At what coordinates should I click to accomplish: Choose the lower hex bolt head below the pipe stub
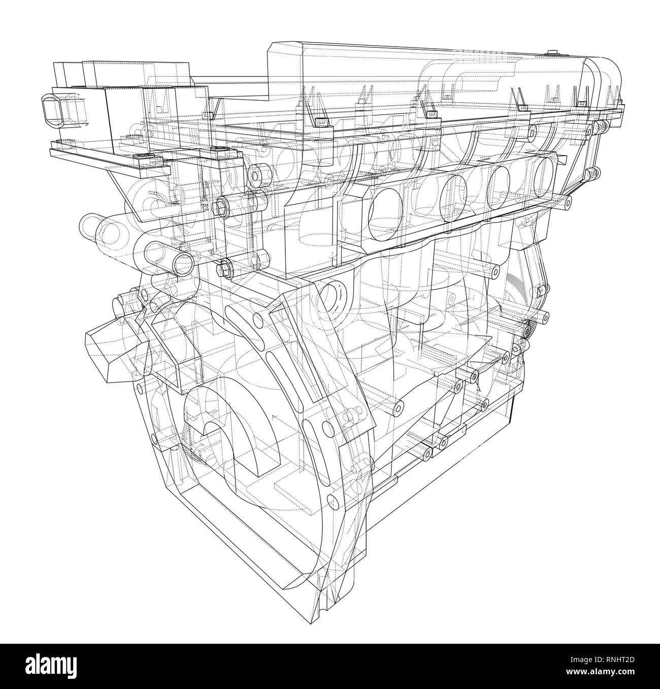[225, 268]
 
